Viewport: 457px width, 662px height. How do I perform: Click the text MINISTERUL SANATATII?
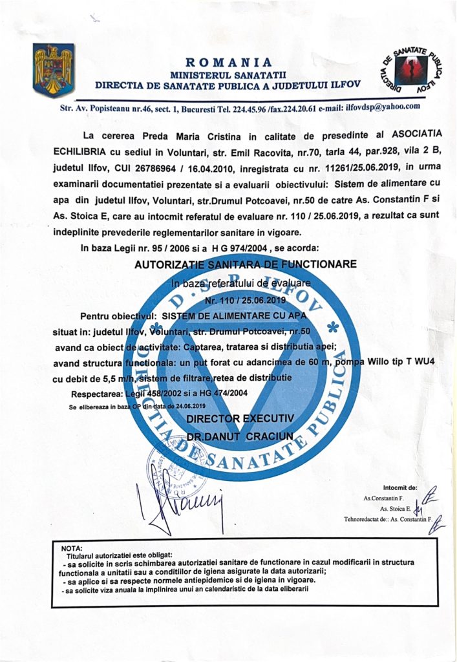(228, 74)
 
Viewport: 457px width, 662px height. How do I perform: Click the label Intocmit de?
(400, 488)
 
